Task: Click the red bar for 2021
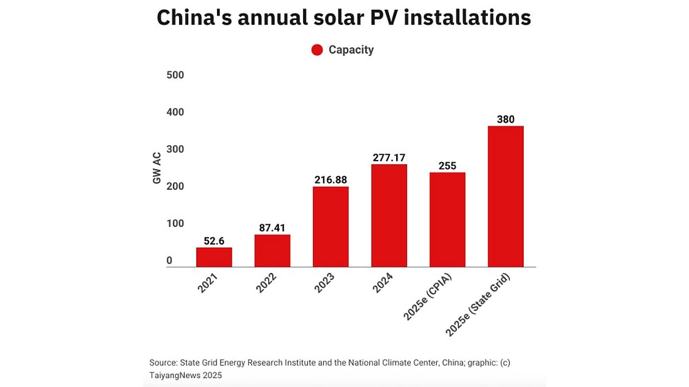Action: point(214,257)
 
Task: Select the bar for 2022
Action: point(272,251)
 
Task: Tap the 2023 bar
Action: point(330,226)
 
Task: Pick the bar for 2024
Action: point(389,216)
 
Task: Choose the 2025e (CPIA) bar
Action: point(447,220)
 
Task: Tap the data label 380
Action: point(505,119)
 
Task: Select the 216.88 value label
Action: point(330,179)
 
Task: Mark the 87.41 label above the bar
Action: point(272,228)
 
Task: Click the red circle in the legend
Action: point(317,50)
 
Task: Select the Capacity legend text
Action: point(351,50)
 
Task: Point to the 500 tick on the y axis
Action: point(175,75)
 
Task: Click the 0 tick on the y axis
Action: point(169,261)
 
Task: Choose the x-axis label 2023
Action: point(325,283)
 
